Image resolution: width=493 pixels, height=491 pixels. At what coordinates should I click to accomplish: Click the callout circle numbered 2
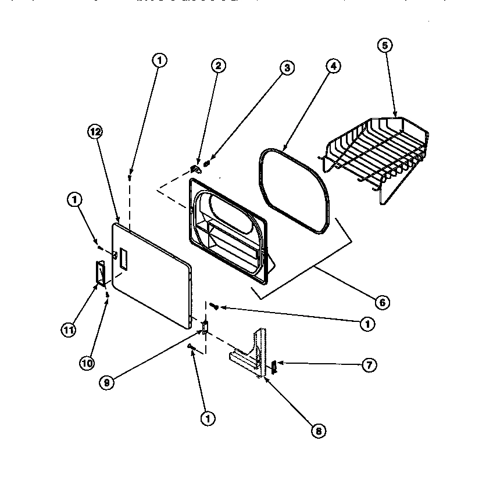218,66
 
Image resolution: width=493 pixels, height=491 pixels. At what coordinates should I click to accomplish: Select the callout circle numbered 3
286,67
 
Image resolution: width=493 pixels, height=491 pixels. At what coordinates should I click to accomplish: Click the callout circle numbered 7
369,365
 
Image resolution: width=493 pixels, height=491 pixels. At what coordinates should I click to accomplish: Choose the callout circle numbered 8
319,431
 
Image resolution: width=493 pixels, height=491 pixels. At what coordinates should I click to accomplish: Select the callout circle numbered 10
87,363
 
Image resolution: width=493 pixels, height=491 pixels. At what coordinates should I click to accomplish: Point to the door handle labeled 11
99,273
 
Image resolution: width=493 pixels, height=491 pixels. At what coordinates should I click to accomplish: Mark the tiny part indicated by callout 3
207,163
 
